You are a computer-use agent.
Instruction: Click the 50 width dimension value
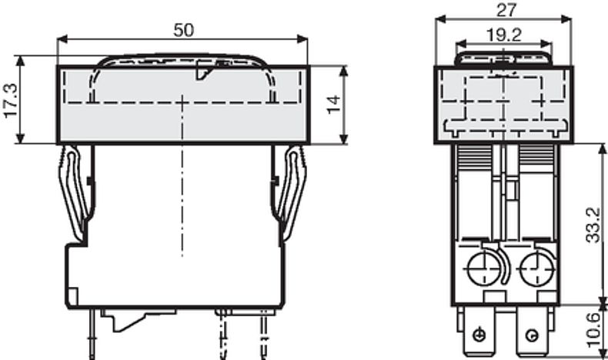pyautogui.click(x=183, y=30)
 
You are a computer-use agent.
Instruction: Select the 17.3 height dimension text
pyautogui.click(x=11, y=100)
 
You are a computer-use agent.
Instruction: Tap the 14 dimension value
pyautogui.click(x=333, y=105)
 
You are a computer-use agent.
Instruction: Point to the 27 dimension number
pyautogui.click(x=506, y=10)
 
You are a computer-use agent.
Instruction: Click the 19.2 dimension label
pyautogui.click(x=504, y=35)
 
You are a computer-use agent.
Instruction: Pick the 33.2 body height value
pyautogui.click(x=593, y=226)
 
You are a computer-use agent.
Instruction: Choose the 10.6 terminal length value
pyautogui.click(x=593, y=331)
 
